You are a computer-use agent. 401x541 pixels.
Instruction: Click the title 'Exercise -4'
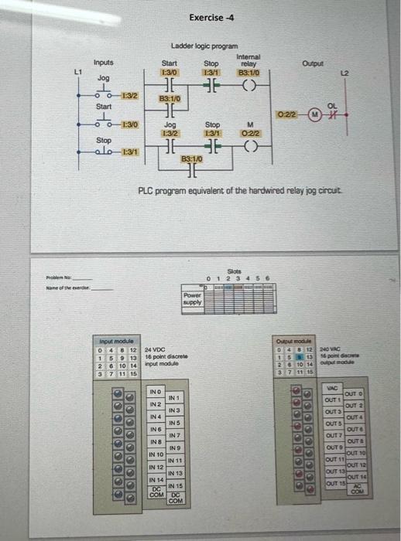click(206, 17)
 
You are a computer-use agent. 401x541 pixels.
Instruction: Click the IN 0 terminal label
click(156, 392)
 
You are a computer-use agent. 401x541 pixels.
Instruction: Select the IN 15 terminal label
click(177, 485)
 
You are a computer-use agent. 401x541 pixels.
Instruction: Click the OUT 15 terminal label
click(334, 483)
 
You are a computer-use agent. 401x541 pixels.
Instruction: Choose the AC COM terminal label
click(356, 488)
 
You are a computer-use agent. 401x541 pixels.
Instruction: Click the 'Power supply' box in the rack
click(192, 301)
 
